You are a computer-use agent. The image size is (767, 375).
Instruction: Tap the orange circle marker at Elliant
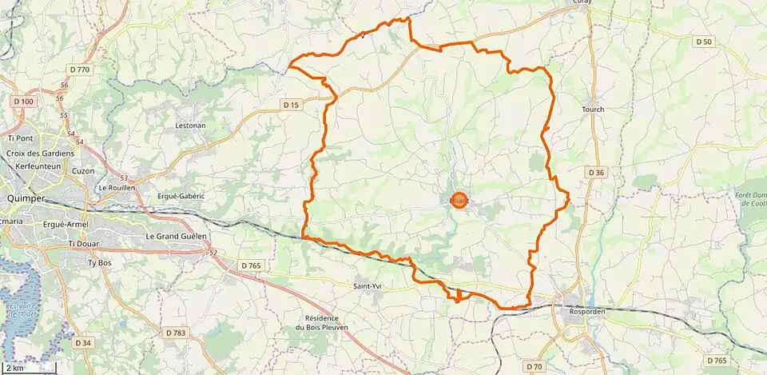coord(459,201)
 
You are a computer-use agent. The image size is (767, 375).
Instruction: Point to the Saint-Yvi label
coord(368,285)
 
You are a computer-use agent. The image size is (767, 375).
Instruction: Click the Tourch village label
coord(593,110)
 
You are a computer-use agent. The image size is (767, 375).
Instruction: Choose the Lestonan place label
coord(190,126)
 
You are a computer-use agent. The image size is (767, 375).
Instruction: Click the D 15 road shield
coord(291,104)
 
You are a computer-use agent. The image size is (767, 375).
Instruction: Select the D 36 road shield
coord(596,172)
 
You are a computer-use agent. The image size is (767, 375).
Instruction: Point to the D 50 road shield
coord(703,42)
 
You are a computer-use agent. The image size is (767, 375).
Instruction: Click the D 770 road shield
coord(80,70)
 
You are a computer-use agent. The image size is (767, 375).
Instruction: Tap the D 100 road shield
coord(24,102)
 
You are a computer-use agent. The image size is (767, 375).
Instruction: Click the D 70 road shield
coord(535,367)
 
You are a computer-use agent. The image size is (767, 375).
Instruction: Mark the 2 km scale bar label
coord(16,369)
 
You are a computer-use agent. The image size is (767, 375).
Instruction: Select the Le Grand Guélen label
coord(176,237)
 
